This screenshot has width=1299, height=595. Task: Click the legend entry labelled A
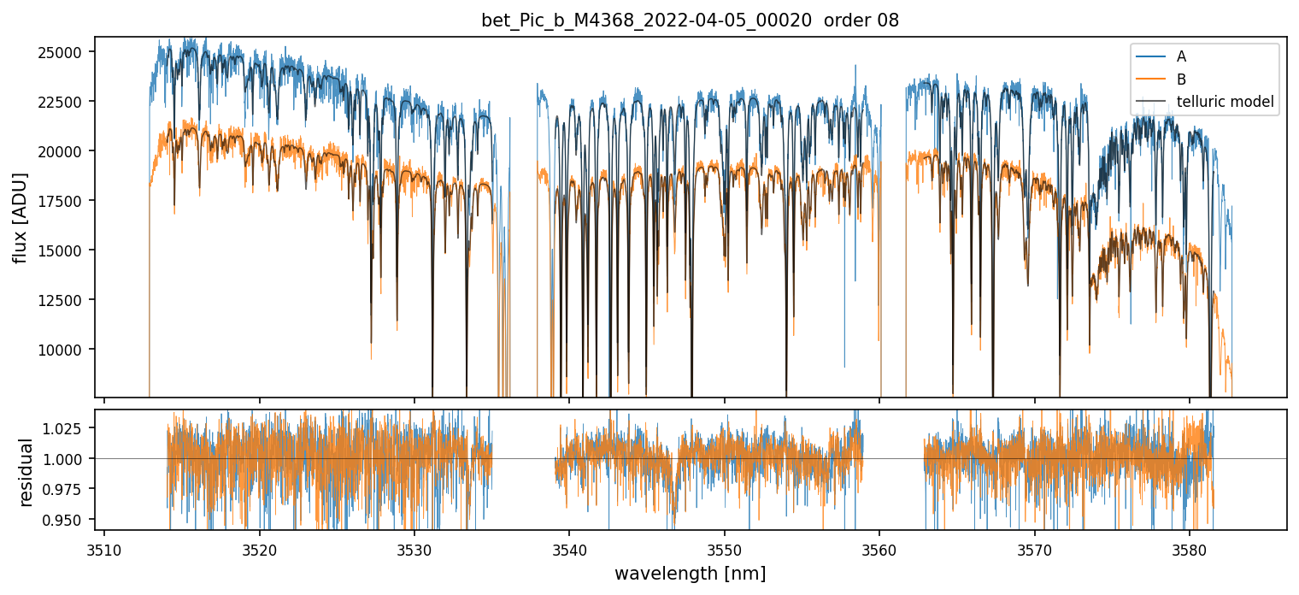[1181, 56]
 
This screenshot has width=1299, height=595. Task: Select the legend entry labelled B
[1181, 80]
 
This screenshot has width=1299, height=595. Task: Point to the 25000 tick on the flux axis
[60, 52]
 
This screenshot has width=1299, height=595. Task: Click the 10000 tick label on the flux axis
[60, 349]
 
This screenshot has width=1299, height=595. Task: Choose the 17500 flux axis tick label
[60, 201]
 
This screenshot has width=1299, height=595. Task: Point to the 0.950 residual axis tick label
[66, 520]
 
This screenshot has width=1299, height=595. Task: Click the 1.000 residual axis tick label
[66, 459]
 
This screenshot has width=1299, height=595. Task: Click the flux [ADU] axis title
[20, 217]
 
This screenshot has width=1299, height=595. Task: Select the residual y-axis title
[26, 472]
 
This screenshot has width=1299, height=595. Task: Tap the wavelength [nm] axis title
[690, 573]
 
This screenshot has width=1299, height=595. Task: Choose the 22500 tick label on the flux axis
[60, 102]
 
